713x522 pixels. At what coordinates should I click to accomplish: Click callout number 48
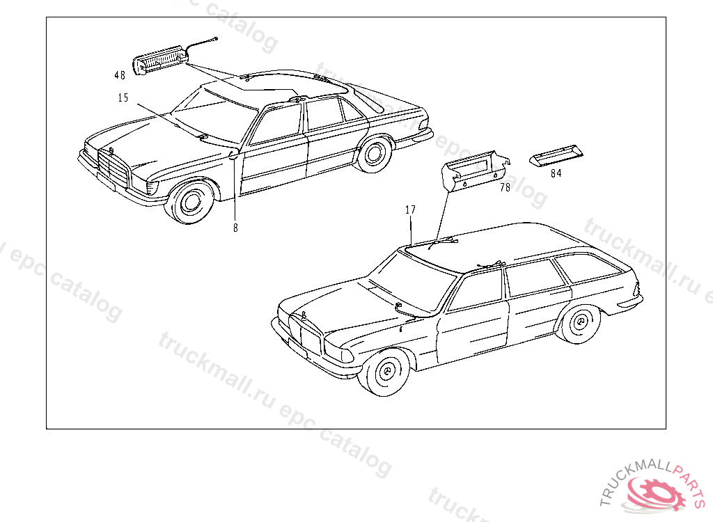point(120,74)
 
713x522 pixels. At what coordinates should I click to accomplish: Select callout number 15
point(123,98)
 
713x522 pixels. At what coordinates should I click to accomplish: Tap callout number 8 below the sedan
point(235,228)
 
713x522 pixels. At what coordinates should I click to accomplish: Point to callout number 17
point(411,209)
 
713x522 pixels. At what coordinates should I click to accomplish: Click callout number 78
point(505,187)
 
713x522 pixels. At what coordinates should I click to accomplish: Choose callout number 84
point(556,173)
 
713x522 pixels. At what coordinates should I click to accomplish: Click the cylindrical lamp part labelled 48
point(160,61)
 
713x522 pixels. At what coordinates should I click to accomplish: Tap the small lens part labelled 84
point(555,157)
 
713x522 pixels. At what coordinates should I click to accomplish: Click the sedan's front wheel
point(190,201)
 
